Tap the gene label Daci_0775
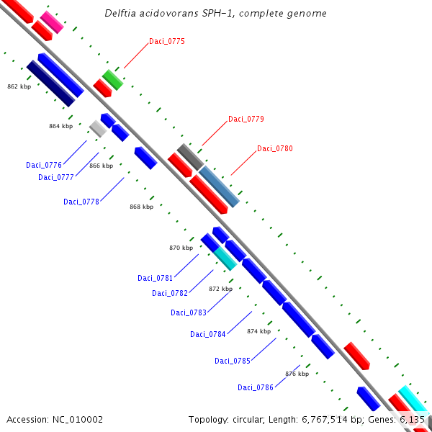pyautogui.click(x=166, y=41)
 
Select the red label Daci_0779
pyautogui.click(x=246, y=119)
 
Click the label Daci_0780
pyautogui.click(x=274, y=148)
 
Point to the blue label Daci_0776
pyautogui.click(x=43, y=165)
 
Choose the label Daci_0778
pyautogui.click(x=81, y=202)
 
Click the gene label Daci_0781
pyautogui.click(x=155, y=278)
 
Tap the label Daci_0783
pyautogui.click(x=188, y=312)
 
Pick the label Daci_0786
pyautogui.click(x=255, y=387)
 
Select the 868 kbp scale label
pyautogui.click(x=141, y=207)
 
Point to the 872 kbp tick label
pyautogui.click(x=220, y=289)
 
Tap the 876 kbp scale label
pyautogui.click(x=297, y=374)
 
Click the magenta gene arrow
pyautogui.click(x=51, y=22)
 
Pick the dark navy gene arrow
pyautogui.click(x=50, y=83)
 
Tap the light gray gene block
pyautogui.click(x=98, y=129)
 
